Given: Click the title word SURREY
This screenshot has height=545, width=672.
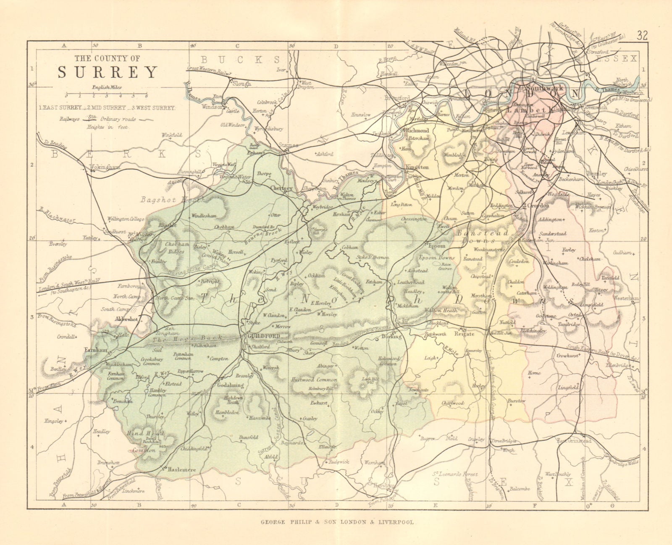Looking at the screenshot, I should pyautogui.click(x=107, y=73).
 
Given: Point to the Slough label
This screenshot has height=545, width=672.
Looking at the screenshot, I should pyautogui.click(x=242, y=84).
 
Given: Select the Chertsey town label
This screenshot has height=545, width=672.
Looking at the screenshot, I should pyautogui.click(x=281, y=188).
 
